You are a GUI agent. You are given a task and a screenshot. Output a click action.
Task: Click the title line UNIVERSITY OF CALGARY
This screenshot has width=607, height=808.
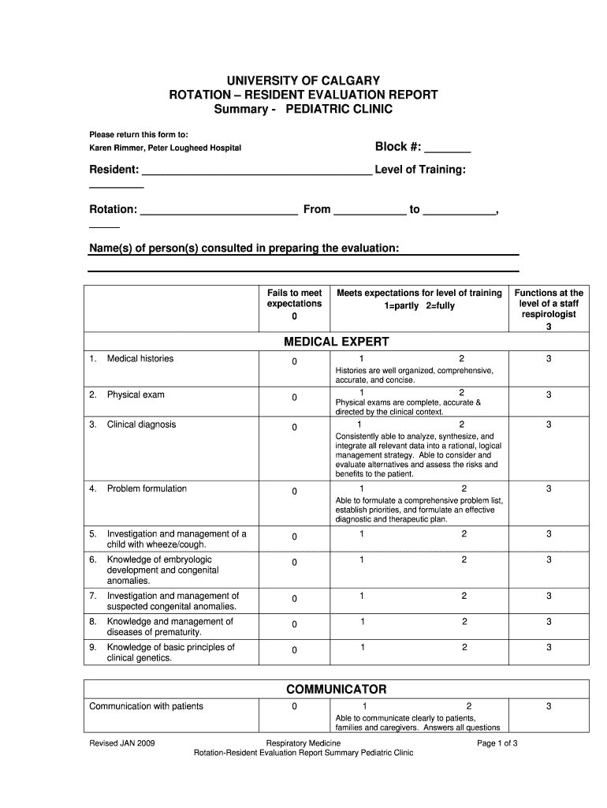[303, 80]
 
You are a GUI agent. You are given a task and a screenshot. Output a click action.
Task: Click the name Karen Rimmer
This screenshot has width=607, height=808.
[115, 148]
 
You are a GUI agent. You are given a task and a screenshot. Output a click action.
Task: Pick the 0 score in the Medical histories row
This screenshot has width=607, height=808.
[294, 361]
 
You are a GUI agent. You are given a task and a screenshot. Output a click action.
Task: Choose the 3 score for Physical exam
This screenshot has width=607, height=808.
[549, 395]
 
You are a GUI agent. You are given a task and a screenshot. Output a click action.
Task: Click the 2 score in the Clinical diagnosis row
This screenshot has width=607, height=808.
[462, 425]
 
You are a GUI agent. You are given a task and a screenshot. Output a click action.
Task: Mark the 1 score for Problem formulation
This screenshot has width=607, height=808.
[361, 488]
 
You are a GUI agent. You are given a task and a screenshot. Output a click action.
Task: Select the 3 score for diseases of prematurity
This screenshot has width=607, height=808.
[549, 622]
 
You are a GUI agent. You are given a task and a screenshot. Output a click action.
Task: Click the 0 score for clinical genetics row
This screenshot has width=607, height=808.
[294, 650]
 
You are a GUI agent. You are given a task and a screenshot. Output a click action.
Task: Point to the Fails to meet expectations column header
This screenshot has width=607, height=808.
[294, 304]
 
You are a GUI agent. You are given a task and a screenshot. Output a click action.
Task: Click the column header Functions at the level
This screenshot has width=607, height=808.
[549, 303]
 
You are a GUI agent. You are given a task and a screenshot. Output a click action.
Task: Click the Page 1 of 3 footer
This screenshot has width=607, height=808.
[497, 743]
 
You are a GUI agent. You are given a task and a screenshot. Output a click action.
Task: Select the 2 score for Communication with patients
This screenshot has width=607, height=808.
[468, 706]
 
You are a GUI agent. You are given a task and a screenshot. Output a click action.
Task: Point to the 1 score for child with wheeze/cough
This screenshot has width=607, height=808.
[361, 534]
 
